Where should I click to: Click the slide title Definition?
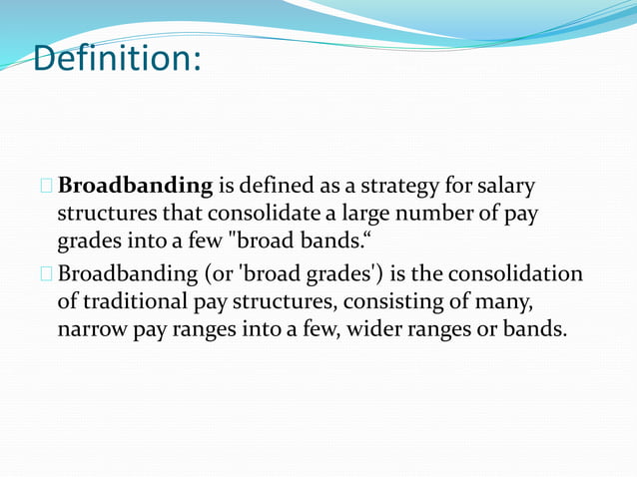117,58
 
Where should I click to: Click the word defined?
284,187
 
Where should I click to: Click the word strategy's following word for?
451,187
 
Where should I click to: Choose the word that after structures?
176,214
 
